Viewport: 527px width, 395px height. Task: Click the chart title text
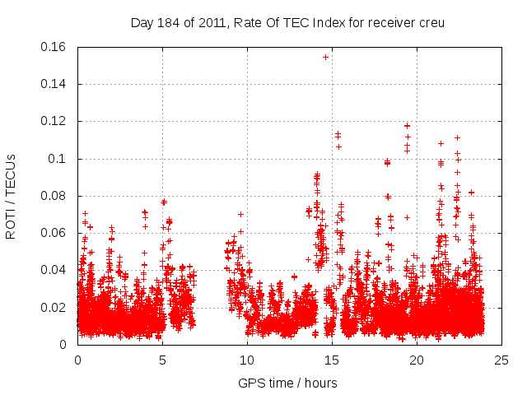[287, 22]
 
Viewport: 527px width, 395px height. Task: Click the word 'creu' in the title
[431, 22]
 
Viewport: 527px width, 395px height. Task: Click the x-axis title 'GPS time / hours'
[287, 383]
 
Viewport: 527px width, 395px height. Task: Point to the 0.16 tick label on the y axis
[55, 47]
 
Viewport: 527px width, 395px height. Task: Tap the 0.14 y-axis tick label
[55, 84]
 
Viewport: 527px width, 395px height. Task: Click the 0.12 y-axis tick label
[55, 121]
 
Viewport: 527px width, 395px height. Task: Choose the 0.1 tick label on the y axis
[58, 159]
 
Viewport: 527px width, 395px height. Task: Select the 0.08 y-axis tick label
[55, 196]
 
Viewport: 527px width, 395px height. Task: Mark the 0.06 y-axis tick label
[55, 233]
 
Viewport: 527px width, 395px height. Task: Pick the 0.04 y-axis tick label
[55, 270]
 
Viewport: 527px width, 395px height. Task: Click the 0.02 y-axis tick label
[55, 308]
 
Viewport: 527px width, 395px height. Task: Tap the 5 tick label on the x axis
[162, 360]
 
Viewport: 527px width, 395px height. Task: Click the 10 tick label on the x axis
[247, 360]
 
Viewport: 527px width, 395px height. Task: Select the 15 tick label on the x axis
[332, 360]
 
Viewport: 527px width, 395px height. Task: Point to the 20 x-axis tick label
[417, 360]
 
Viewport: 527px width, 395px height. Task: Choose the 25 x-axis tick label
[501, 360]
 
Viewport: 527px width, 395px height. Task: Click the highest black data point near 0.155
[325, 57]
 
